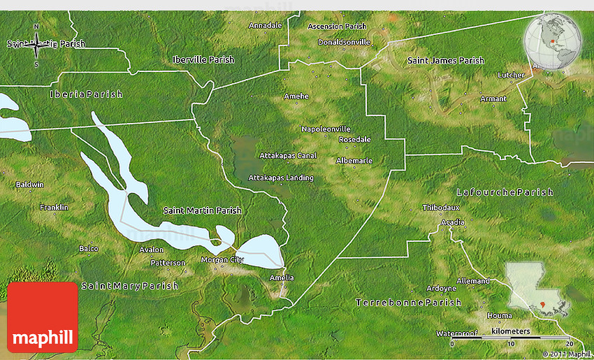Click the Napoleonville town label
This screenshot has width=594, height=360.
point(325,129)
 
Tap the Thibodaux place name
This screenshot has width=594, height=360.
point(441,208)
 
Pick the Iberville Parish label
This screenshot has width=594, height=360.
point(203,60)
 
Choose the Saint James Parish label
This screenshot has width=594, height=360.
point(446,61)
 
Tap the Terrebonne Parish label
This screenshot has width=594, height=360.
point(409,303)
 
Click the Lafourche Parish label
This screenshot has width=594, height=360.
point(505,192)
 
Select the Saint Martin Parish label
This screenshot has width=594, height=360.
point(202,210)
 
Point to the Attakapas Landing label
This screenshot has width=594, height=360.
point(281,178)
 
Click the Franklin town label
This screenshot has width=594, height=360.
point(54,208)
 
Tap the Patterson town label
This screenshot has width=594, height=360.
point(168,263)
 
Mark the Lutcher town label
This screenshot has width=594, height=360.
point(510,75)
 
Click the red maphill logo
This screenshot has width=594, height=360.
point(43,317)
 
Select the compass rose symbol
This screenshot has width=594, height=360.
point(36,47)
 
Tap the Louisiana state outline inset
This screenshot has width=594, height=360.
point(535,287)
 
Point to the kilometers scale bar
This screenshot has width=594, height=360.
point(510,338)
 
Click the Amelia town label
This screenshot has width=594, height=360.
point(282,278)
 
